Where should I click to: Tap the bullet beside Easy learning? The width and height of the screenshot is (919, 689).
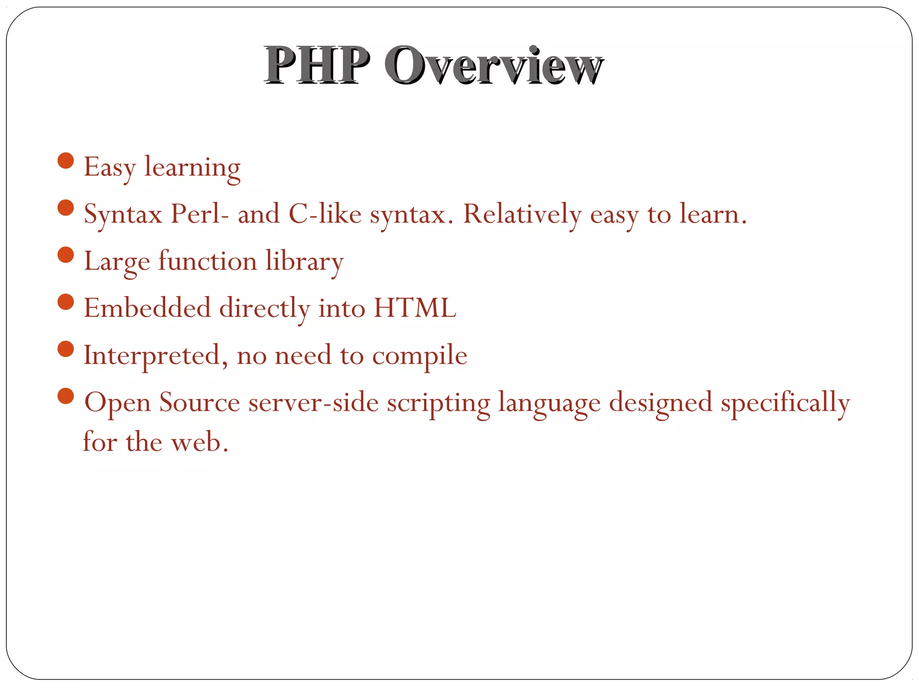(x=66, y=161)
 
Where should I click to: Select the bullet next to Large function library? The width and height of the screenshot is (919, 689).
(x=66, y=255)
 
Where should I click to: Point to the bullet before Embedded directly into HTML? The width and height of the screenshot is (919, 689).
(x=66, y=302)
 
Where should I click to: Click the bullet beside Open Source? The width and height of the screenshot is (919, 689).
(x=66, y=396)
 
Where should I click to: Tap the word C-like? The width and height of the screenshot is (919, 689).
(x=325, y=214)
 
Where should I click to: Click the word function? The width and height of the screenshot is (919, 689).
(x=207, y=261)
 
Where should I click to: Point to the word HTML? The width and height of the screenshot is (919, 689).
(x=415, y=308)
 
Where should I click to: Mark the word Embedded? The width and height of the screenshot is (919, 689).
(x=147, y=308)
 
